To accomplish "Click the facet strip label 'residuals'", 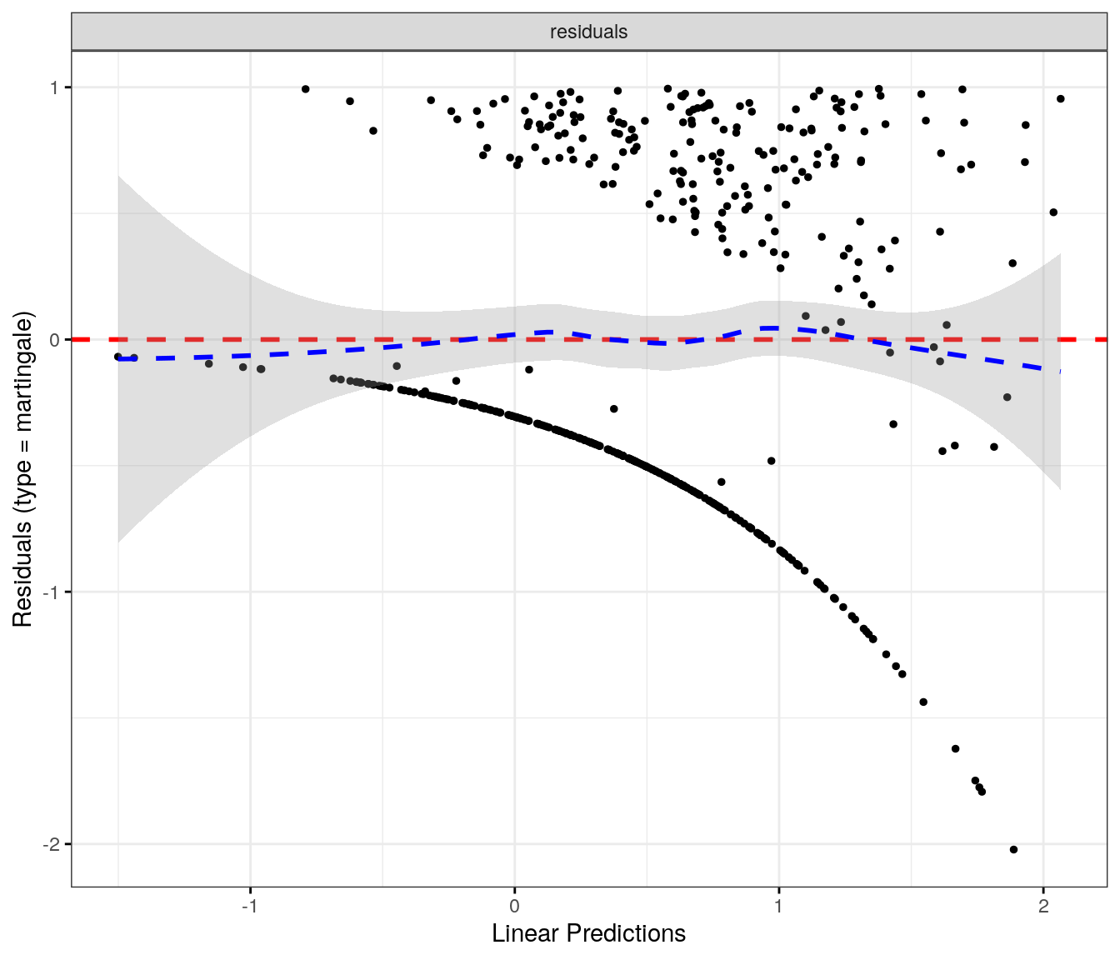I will pos(588,32).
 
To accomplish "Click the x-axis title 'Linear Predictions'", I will pos(588,933).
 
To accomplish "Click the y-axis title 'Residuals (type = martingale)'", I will pos(22,469).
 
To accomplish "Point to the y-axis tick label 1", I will pos(55,87).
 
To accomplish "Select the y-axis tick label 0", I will pos(55,340).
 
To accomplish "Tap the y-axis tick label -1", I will pos(52,592).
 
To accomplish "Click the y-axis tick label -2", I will pos(52,844).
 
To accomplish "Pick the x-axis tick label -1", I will pos(249,907).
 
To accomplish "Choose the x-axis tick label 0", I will pos(514,907).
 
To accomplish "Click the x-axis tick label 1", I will pos(778,907).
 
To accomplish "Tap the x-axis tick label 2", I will pos(1043,907).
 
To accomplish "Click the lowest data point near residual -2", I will pos(1013,849).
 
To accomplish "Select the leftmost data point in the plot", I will pos(118,357).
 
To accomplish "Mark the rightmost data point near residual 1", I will pos(1060,98).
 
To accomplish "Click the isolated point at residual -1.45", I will pos(923,702).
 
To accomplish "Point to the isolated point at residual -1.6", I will pos(956,748).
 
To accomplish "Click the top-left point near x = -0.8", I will pos(305,89).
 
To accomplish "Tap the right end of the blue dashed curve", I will pos(1060,371).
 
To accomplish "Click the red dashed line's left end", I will pos(73,339).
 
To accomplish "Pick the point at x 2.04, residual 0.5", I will pos(1053,212).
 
